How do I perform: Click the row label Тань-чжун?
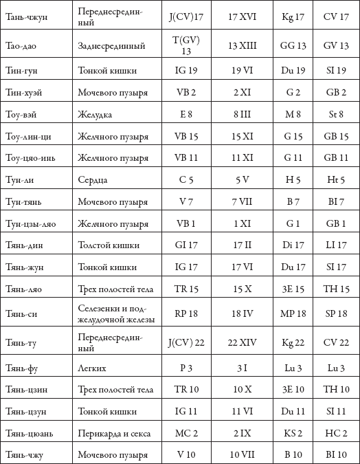pos(26,17)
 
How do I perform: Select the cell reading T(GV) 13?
pos(186,45)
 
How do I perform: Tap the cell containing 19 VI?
pos(242,70)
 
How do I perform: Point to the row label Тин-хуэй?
pos(23,93)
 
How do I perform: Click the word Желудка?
pos(95,115)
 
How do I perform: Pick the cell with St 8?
pos(336,114)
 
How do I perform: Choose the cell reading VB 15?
pos(186,136)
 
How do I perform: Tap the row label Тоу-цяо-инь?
pos(30,157)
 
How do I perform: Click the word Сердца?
pos(93,180)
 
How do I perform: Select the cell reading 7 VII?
pos(242,202)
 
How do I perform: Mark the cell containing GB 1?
pos(336,223)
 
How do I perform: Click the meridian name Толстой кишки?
pos(109,245)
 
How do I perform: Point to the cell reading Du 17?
pos(293,267)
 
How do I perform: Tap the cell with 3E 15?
pos(293,289)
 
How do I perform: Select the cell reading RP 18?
pos(186,313)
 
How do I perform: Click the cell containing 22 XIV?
pos(242,343)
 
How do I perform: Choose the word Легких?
pos(92,368)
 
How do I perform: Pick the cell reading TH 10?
pos(336,390)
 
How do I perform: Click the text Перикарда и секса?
pos(114,434)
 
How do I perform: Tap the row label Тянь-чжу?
pos(24,455)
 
